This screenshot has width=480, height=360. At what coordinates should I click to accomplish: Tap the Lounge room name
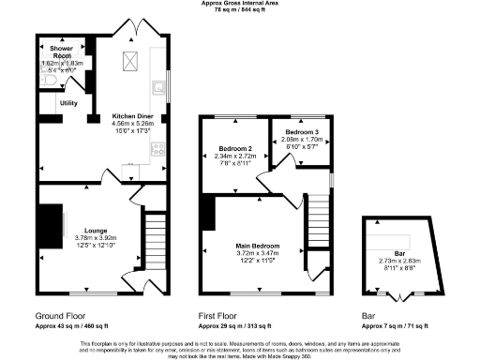coord(95,230)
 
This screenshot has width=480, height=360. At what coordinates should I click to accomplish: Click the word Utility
coord(68,102)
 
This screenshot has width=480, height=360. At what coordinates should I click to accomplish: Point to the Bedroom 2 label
coord(234,149)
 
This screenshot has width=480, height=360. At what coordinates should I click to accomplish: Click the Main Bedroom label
coord(257,246)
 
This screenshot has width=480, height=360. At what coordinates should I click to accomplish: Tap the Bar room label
coord(399,253)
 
